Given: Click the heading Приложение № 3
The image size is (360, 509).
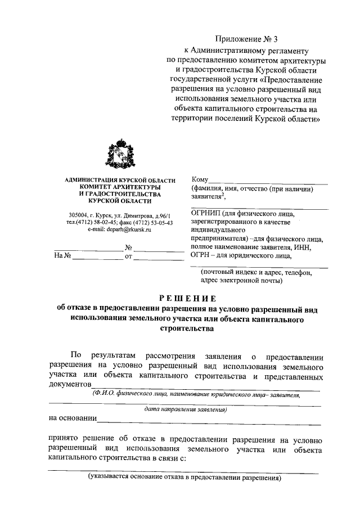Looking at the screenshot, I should tap(247, 39).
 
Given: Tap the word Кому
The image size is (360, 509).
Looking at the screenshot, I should tap(201, 179).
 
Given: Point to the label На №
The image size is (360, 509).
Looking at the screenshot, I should tap(62, 256).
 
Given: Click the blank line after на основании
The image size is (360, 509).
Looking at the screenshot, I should tap(208, 419).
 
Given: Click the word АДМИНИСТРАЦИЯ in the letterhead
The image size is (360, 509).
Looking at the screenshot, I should tap(85, 179).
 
